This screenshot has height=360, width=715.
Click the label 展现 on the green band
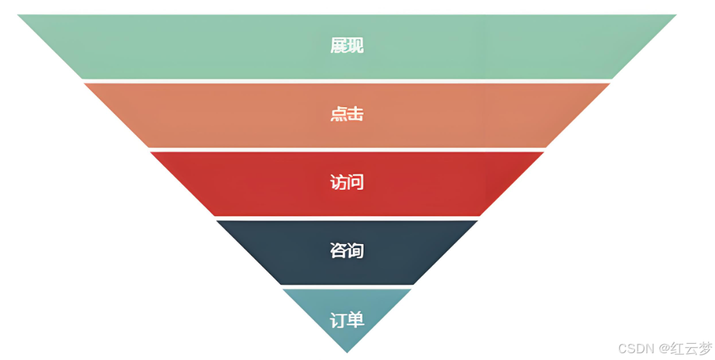pos(347,46)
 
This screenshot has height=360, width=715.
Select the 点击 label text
pos(347,114)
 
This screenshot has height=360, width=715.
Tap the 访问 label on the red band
pos(347,182)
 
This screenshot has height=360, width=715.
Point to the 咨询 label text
pos(347,251)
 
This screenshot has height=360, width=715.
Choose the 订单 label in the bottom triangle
pos(347,319)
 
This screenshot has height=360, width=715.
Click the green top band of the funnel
pos(204,46)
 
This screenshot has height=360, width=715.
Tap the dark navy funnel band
pos(285,251)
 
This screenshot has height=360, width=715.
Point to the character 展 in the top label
pos(339,46)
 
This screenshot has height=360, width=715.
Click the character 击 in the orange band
pos(355,114)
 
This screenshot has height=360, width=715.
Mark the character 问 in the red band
pos(355,182)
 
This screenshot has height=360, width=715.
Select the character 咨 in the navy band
pos(339,251)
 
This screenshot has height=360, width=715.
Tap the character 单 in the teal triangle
pos(355,319)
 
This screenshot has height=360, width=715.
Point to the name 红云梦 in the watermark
pos(691,348)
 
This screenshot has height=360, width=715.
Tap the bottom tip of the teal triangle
pos(347,350)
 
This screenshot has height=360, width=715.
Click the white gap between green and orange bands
pos(347,81)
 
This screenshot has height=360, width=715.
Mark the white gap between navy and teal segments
pos(347,286)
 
